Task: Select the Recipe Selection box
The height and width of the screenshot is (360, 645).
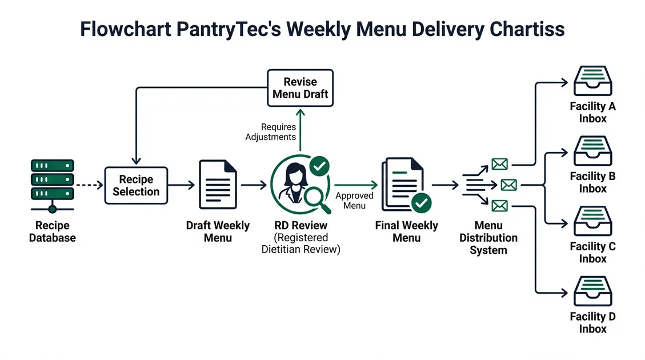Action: (136, 186)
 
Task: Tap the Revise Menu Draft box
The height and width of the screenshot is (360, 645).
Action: (301, 87)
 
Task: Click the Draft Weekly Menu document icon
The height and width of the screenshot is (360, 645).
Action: (218, 185)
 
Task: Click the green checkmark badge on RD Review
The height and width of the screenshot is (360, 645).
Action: (319, 166)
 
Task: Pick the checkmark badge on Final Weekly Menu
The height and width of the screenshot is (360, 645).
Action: (422, 202)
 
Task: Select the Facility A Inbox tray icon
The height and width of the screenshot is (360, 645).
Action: (592, 81)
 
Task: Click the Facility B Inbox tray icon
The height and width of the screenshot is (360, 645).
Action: (592, 151)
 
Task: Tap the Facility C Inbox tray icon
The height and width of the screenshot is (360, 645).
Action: (592, 221)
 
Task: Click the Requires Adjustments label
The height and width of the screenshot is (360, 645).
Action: (271, 132)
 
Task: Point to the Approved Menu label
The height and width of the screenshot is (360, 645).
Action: (354, 201)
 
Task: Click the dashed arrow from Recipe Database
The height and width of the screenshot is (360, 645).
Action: (89, 185)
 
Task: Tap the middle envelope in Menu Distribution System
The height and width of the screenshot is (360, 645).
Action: (508, 185)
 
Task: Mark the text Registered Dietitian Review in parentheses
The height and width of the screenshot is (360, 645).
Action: (301, 243)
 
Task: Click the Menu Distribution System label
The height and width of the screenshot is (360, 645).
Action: (488, 238)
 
